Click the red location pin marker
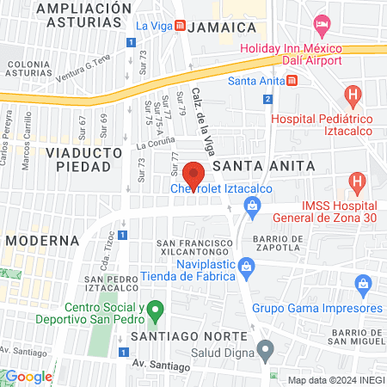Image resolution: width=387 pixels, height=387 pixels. pos(194,175)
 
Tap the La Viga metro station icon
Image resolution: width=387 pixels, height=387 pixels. pos(179,26)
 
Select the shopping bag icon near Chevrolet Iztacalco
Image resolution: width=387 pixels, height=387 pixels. pos(251,205)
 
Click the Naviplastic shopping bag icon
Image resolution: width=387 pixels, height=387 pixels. pos(246,265)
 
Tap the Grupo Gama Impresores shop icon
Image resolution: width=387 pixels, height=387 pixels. pos(363,284)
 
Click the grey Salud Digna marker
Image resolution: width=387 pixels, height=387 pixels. pos(266,348)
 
